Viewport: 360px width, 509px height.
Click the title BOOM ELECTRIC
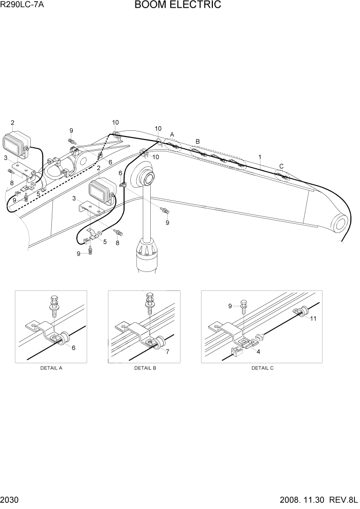click(x=178, y=5)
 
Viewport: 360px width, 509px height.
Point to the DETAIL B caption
click(x=145, y=368)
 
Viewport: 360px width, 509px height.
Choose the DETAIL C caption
click(x=262, y=368)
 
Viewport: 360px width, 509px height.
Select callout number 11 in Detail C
click(x=313, y=319)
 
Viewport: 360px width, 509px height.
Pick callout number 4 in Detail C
click(x=257, y=352)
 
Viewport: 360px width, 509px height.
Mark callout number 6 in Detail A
click(x=73, y=348)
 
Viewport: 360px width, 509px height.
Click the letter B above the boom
click(x=197, y=142)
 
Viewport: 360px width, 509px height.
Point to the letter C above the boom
click(x=281, y=166)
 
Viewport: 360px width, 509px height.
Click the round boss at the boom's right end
click(x=341, y=224)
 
